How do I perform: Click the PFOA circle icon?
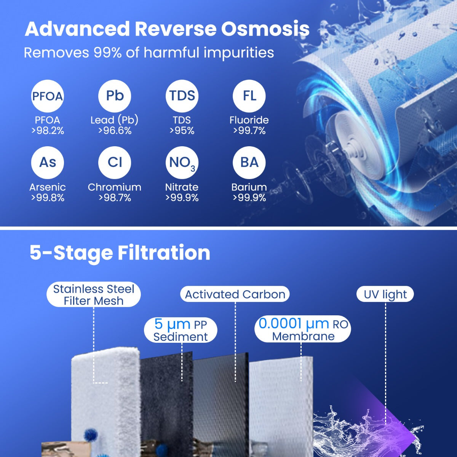pos(47,96)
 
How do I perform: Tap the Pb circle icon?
pos(115,96)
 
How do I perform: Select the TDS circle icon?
pos(182,96)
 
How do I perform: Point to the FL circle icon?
pos(249,96)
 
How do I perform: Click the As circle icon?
pos(47,163)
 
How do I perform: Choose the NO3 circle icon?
pos(182,163)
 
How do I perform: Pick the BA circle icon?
pos(249,163)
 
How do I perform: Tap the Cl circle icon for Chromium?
pos(115,163)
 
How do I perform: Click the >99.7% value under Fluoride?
pos(249,131)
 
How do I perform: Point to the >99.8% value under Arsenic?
pos(48,198)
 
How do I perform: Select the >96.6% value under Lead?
pos(115,131)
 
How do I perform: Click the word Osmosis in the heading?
pos(265,29)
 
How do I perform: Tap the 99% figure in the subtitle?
pos(107,53)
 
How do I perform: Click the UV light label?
pos(385,294)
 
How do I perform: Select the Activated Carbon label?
pos(235,294)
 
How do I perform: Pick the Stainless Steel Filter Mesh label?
pos(94,295)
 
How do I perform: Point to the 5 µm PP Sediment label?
pos(181,330)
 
